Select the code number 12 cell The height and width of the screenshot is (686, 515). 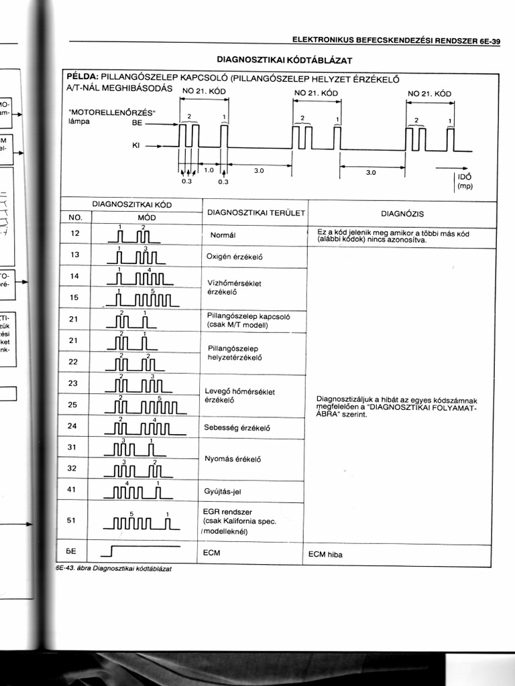click(74, 233)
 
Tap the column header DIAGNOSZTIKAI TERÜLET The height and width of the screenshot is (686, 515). click(255, 212)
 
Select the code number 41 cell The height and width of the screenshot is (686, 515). click(74, 489)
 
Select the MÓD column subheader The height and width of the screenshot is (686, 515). click(146, 218)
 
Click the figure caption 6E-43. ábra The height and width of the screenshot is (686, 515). click(114, 567)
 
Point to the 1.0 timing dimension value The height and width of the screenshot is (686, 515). click(208, 171)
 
